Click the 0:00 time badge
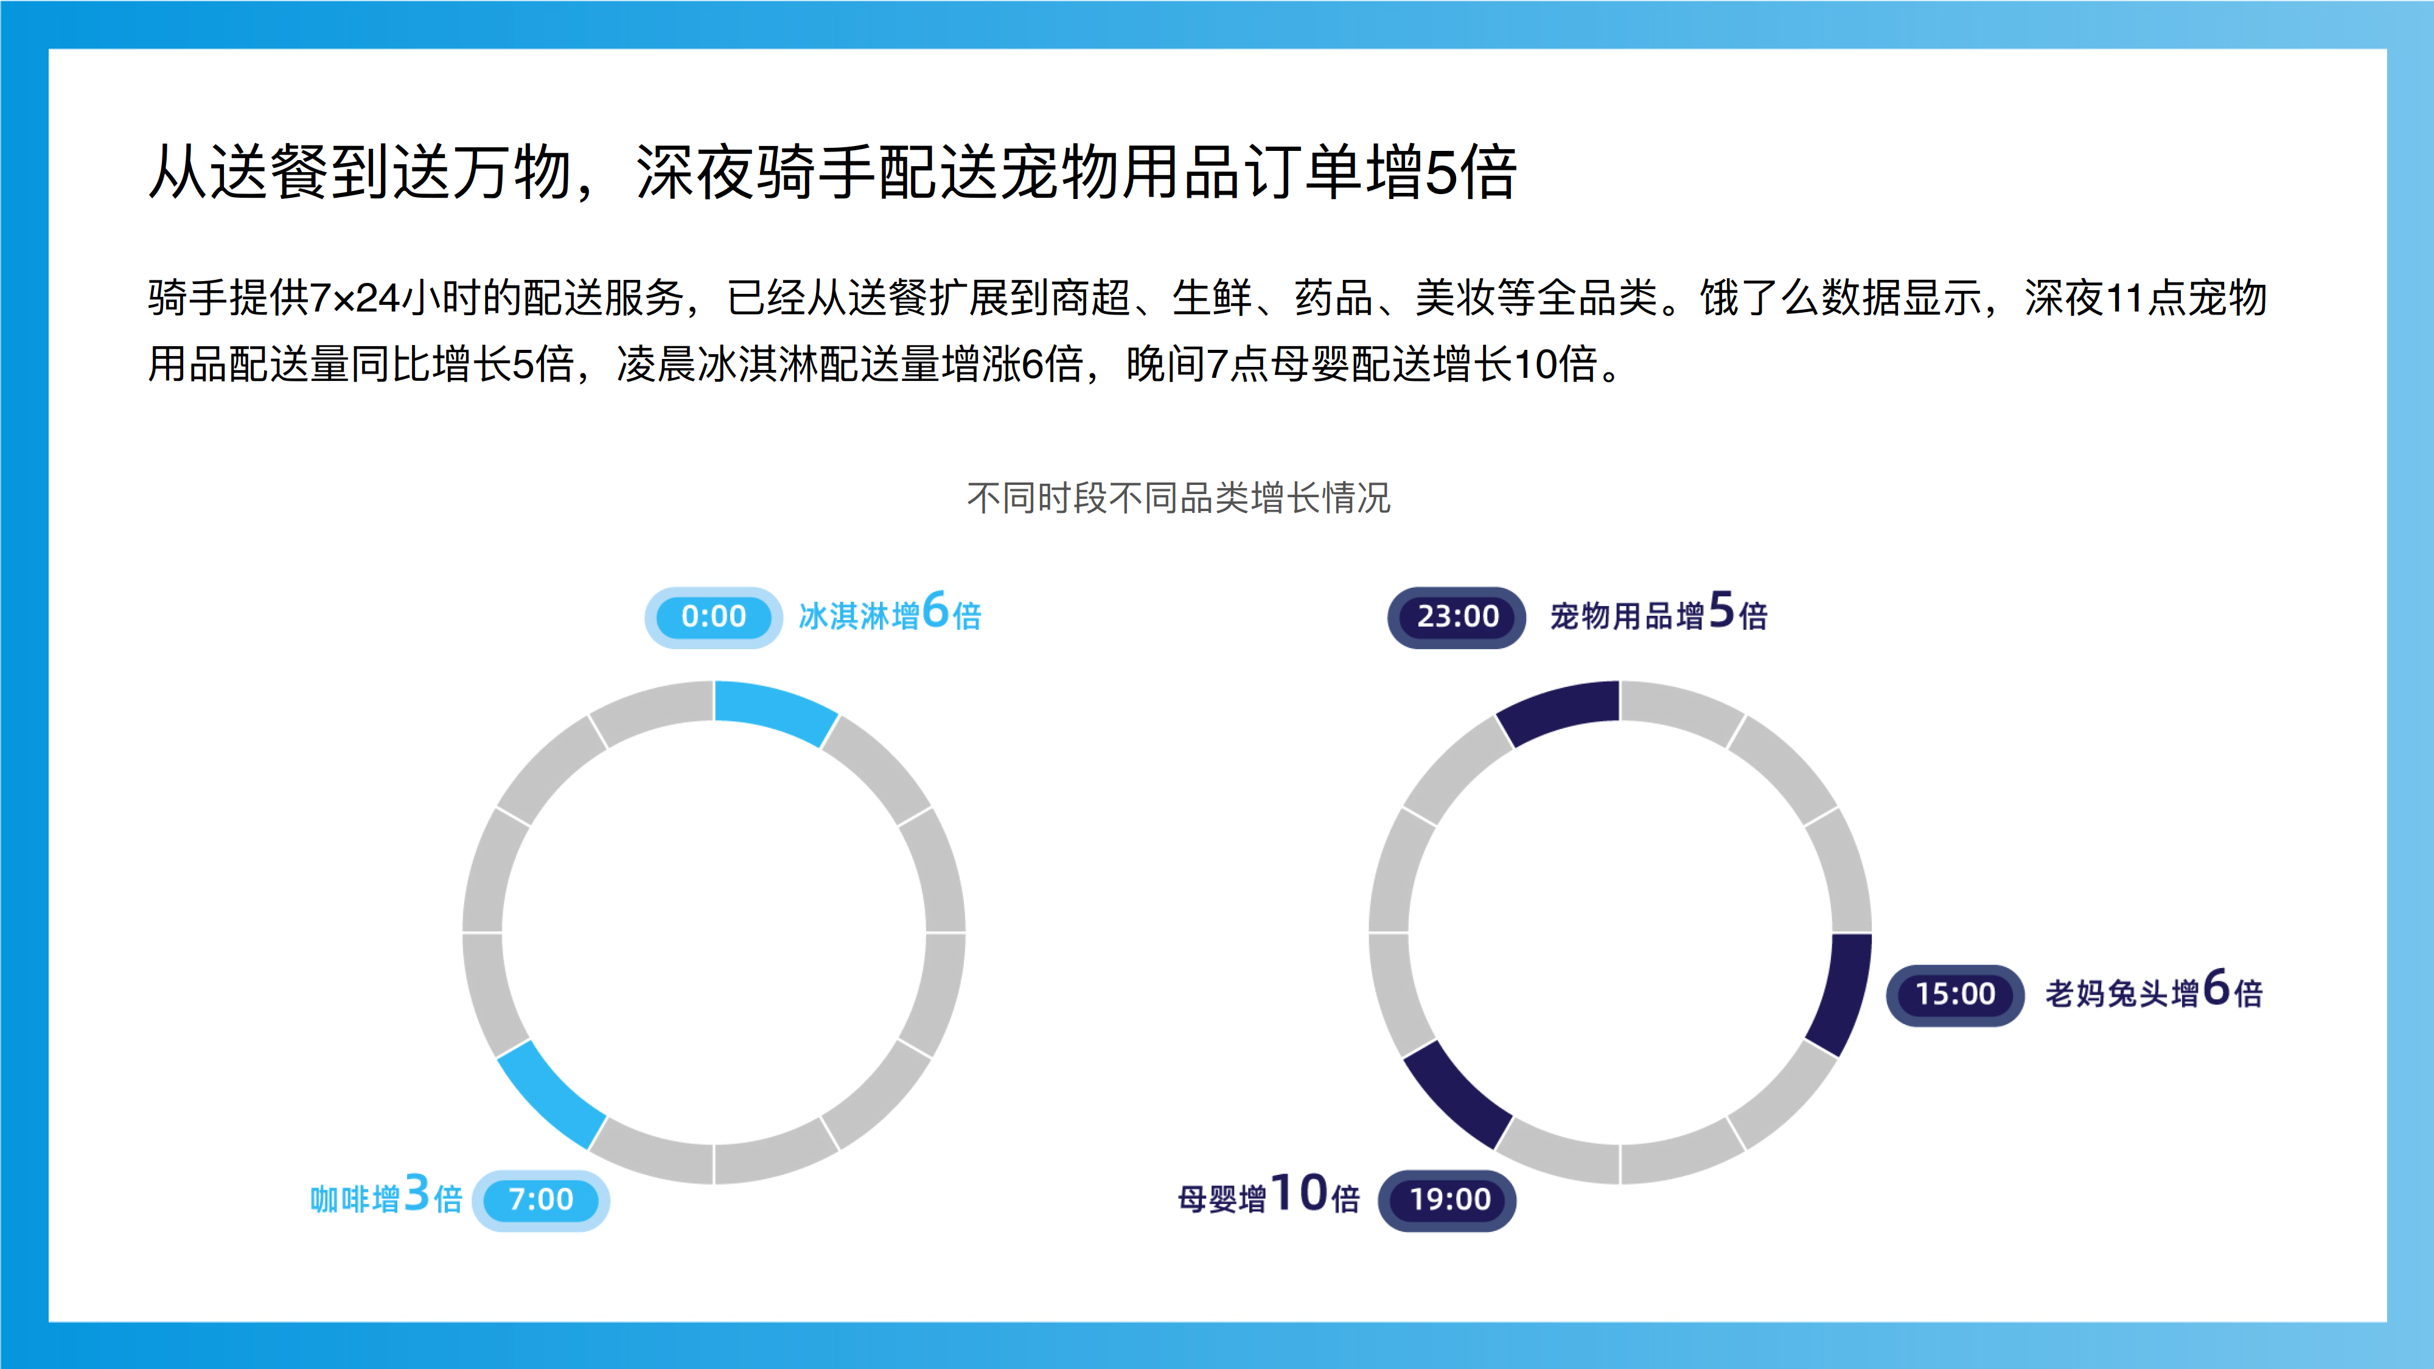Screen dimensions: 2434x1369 click(713, 617)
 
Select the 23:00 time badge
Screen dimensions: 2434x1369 click(1456, 617)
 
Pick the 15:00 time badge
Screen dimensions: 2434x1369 click(1955, 995)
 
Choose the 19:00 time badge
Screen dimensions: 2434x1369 click(1448, 1200)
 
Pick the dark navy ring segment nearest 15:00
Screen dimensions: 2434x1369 click(1843, 992)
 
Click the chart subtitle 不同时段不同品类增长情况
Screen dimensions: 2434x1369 click(1178, 498)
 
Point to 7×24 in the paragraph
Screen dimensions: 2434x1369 click(355, 299)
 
